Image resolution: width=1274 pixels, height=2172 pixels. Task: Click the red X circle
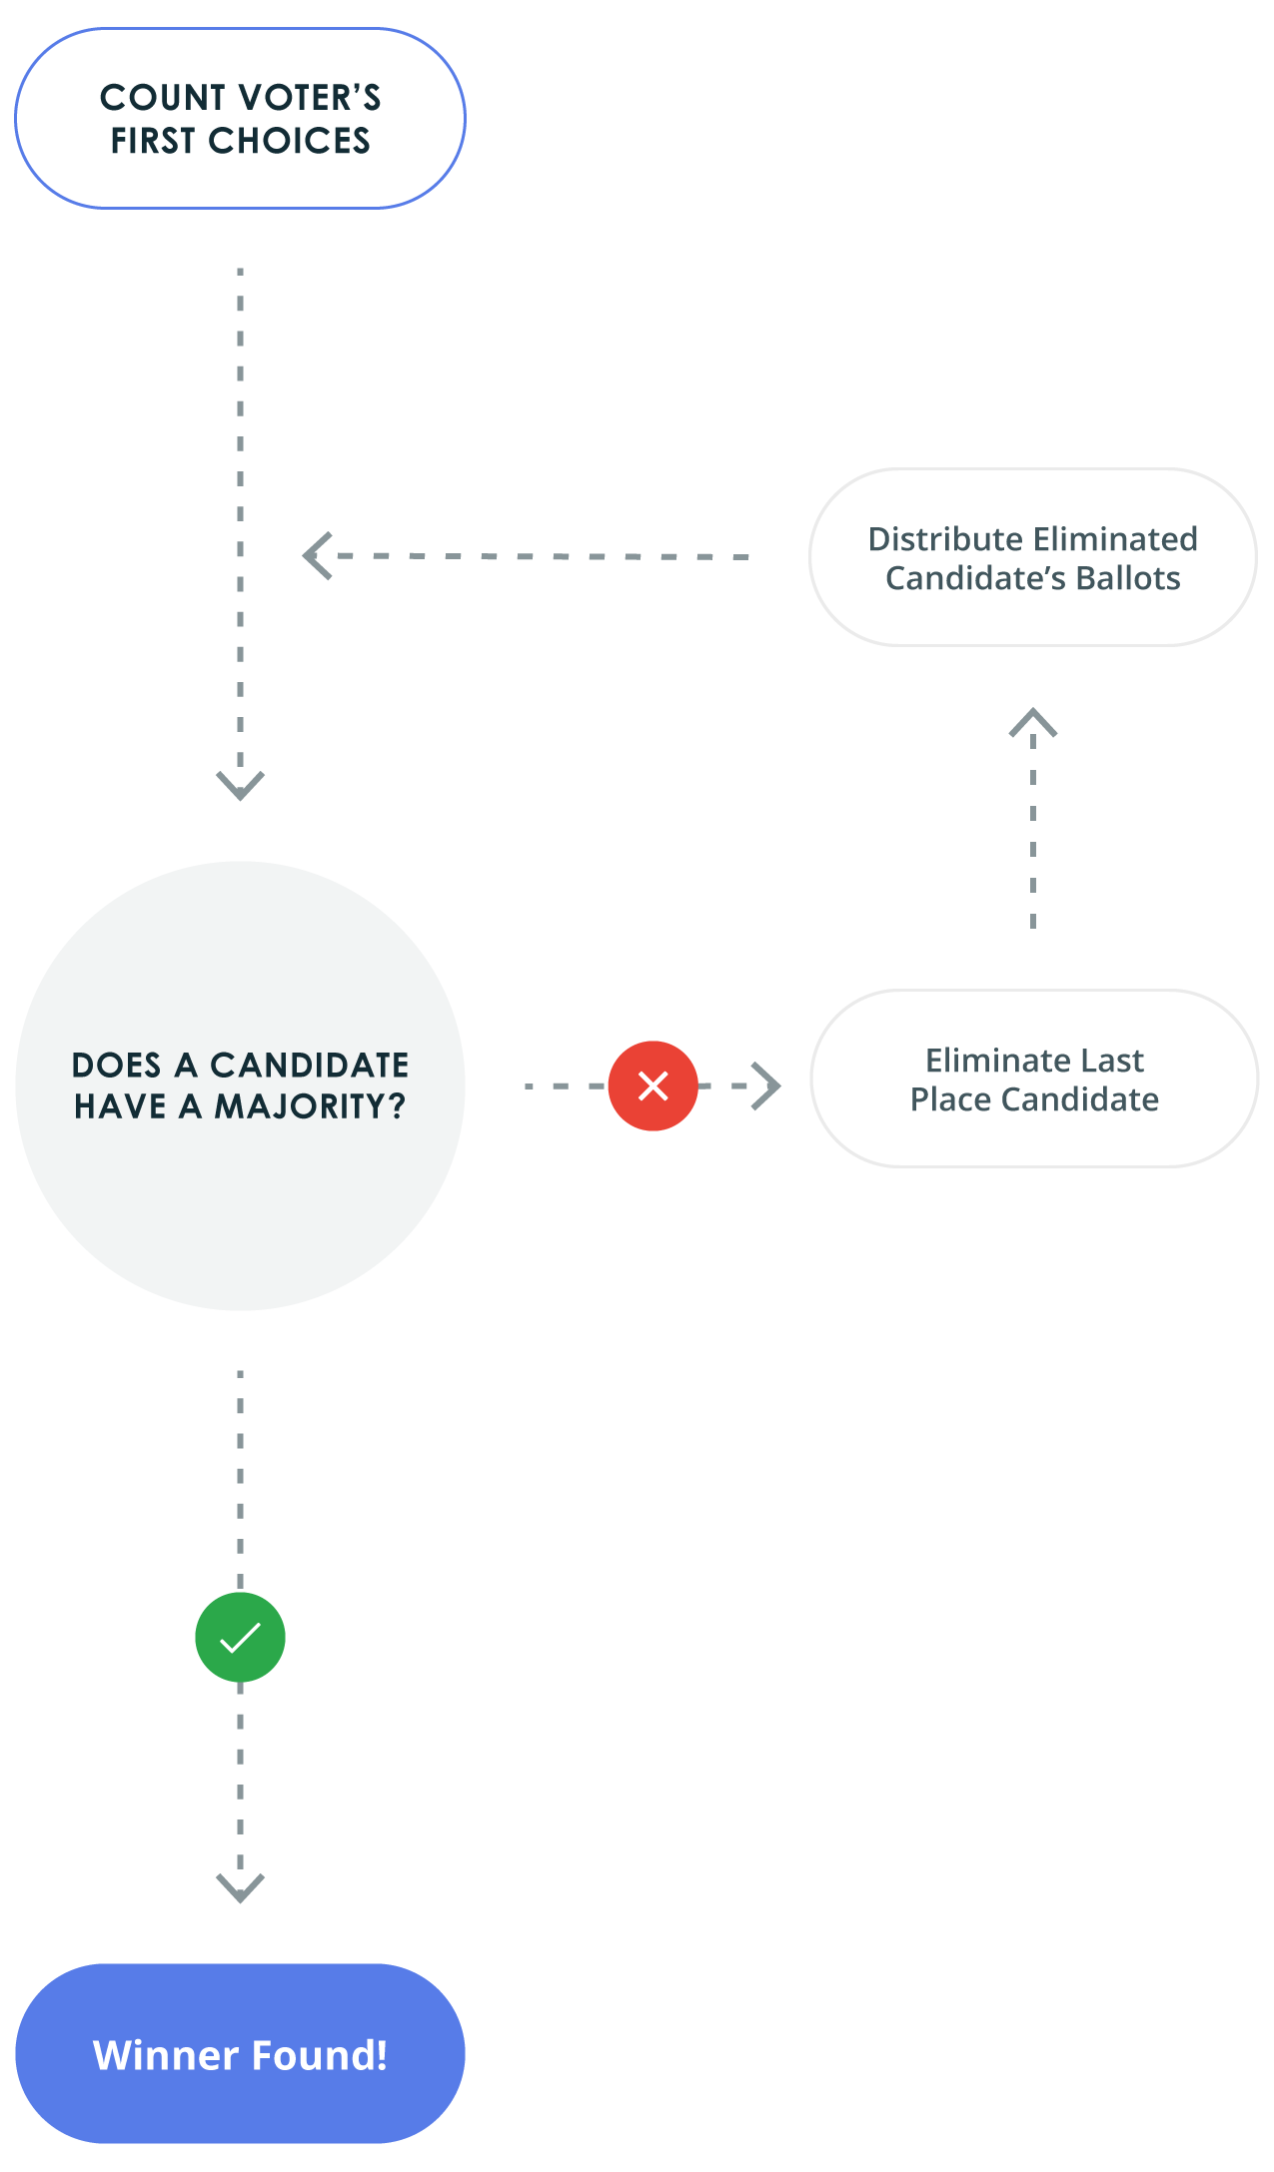(652, 1086)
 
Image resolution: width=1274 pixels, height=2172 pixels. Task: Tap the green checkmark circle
(240, 1638)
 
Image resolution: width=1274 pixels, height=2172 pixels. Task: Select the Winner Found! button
(240, 2053)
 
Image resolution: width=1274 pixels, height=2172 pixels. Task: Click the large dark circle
(240, 1086)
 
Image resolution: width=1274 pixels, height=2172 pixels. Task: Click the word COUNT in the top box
(163, 98)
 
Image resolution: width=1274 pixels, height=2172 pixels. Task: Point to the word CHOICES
(289, 141)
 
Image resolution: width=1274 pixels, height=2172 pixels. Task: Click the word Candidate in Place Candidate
(1080, 1099)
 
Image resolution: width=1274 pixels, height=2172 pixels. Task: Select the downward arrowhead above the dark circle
(240, 784)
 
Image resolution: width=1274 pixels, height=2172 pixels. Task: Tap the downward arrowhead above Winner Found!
(240, 1886)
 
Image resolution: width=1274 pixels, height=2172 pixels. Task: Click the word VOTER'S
(310, 98)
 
